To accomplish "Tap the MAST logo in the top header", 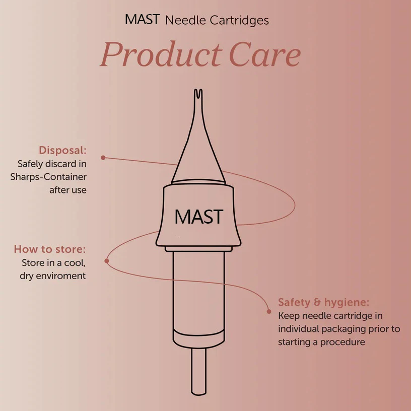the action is [143, 20].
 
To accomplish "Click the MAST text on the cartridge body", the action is [198, 217].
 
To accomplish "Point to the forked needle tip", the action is [198, 94].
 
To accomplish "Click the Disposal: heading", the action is [62, 151].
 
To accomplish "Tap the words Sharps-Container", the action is [48, 177].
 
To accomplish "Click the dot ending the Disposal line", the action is [103, 158].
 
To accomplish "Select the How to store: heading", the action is [50, 249].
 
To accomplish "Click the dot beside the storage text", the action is [106, 261].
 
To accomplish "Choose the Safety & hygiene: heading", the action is [324, 303].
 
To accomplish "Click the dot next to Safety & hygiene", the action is [268, 311].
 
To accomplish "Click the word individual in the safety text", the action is [299, 329].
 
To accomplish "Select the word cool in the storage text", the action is [74, 263].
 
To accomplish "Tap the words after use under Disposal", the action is [67, 190].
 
